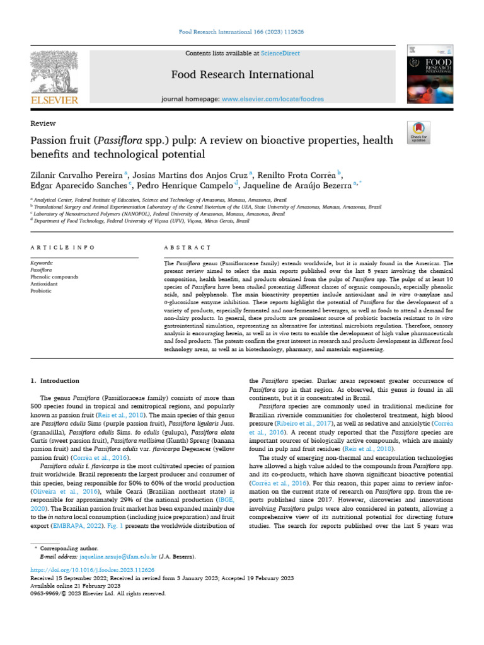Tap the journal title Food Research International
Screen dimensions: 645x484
243,75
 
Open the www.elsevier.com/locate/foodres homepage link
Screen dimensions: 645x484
273,99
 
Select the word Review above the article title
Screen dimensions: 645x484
43,123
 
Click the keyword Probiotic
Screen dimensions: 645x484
41,290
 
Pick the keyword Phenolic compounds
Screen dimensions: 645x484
54,277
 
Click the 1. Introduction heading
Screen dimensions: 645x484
55,381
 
